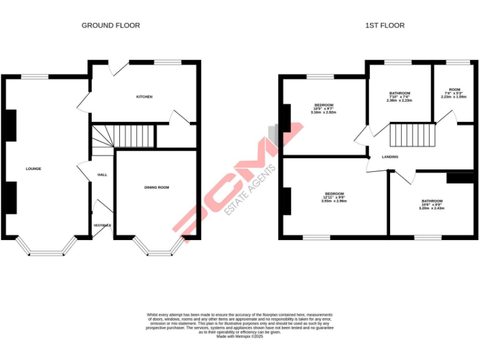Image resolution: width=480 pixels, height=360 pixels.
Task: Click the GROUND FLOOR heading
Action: click(111, 26)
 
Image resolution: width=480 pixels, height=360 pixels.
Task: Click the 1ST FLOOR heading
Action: click(384, 26)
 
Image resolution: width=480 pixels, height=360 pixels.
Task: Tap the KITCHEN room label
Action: click(144, 97)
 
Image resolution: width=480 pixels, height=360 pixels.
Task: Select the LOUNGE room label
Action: click(33, 169)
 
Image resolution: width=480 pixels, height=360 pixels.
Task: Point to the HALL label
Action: click(102, 174)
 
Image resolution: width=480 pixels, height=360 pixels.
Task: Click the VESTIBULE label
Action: click(102, 225)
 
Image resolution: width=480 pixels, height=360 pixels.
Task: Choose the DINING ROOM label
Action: click(156, 187)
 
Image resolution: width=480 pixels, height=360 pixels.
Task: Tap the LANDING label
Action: click(390, 157)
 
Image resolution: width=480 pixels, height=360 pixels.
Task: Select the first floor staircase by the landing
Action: click(412, 134)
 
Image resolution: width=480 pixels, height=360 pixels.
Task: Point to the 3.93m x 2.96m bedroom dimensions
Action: click(333, 201)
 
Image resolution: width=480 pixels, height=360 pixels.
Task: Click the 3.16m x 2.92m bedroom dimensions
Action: click(324, 112)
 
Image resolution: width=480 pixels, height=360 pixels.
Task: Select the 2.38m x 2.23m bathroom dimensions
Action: click(399, 101)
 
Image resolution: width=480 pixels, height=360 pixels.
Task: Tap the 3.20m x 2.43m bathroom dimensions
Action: click(431, 208)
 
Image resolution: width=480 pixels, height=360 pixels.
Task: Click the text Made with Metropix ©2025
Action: click(239, 336)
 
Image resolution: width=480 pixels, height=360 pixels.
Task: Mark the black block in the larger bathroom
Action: click(461, 177)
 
